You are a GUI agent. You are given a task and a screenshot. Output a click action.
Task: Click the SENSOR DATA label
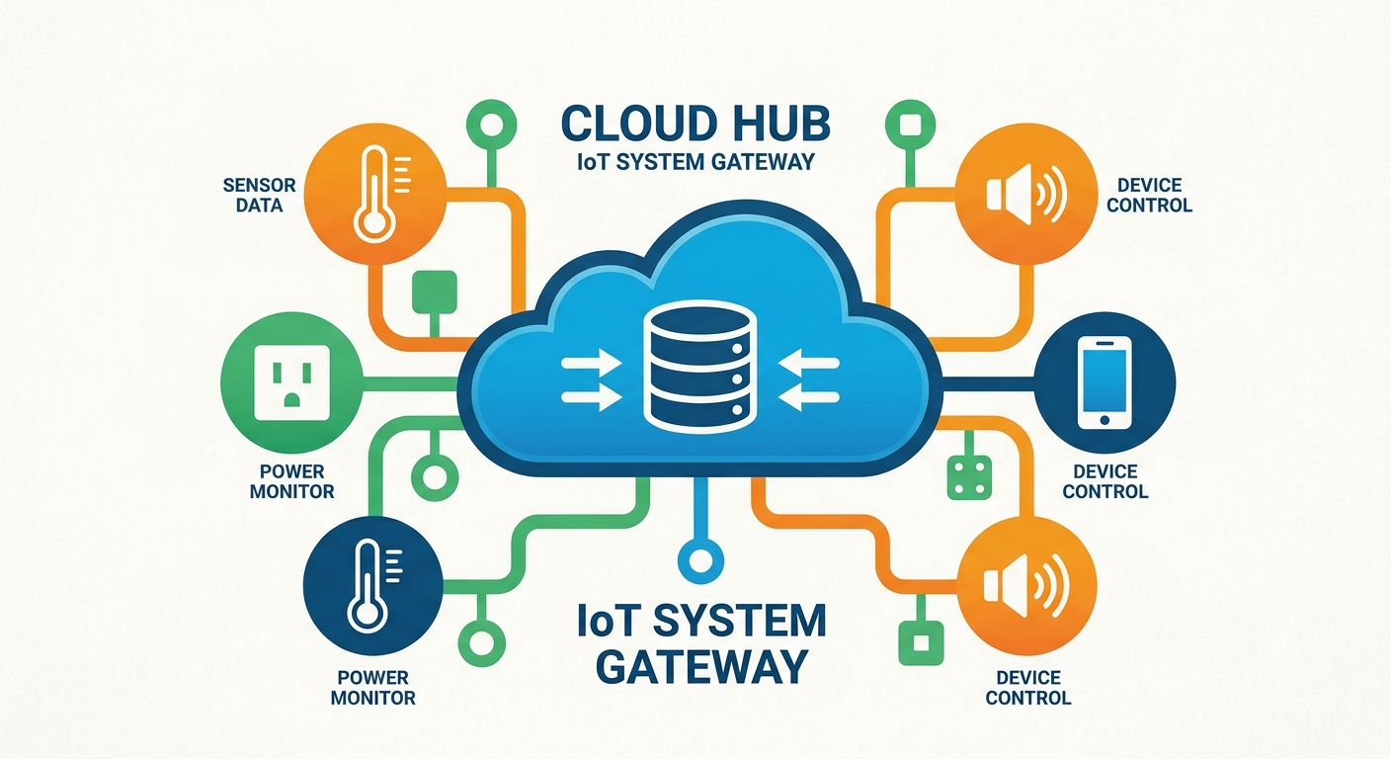tap(260, 195)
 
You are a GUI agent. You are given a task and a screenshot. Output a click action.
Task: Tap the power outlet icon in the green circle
tap(291, 382)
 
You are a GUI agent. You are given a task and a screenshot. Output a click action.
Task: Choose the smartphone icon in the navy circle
tap(1105, 382)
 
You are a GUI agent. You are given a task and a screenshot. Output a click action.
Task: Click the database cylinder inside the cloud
tap(699, 364)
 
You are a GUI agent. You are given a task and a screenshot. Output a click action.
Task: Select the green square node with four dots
tap(969, 477)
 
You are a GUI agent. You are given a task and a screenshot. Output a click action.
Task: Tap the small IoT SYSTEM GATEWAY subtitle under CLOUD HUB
tap(695, 162)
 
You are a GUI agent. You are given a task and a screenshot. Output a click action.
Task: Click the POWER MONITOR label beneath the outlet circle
tap(291, 481)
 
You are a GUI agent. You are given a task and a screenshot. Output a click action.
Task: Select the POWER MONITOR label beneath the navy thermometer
tap(373, 688)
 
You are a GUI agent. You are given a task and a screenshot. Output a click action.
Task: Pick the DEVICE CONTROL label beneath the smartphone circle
tap(1105, 481)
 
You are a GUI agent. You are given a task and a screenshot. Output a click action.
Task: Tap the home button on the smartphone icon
tap(1105, 420)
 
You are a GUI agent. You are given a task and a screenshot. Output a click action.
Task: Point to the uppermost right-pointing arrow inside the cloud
tap(591, 362)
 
